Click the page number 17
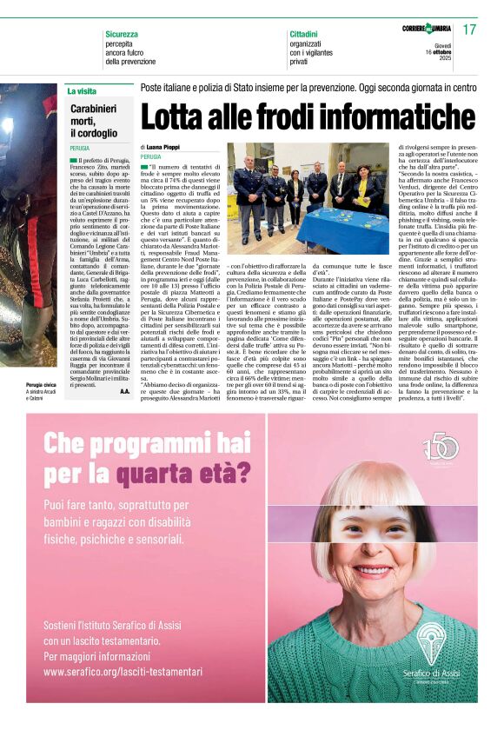tap(469, 30)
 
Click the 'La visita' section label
tap(82, 90)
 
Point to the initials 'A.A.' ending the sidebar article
tap(124, 392)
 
